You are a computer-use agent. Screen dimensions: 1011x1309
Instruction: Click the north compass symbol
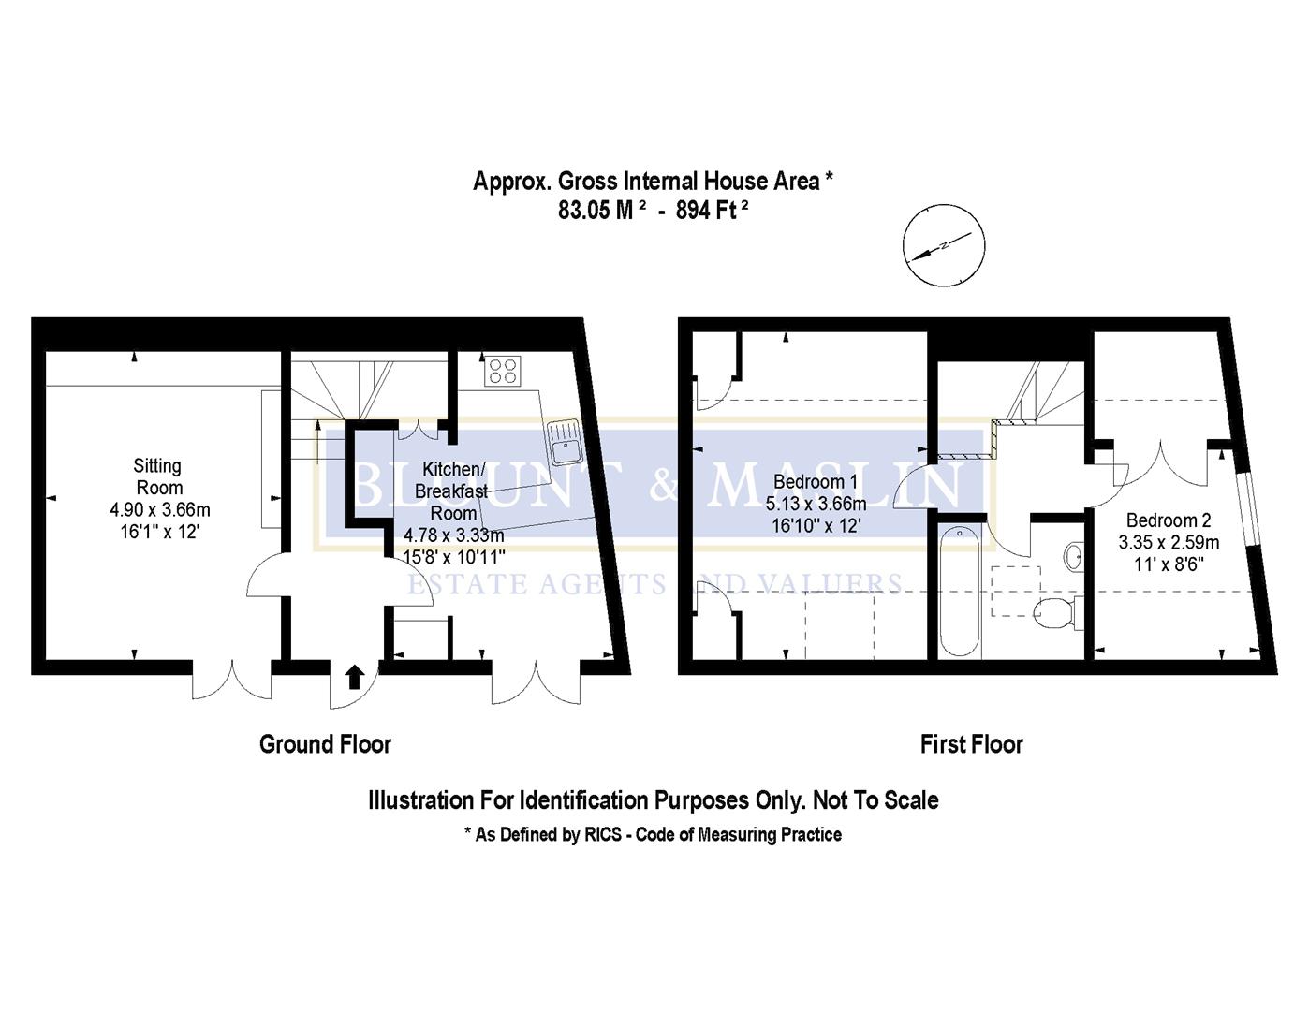coord(943,245)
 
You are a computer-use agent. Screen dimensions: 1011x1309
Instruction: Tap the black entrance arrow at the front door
coord(354,677)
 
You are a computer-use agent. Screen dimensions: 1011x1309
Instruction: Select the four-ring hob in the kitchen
coord(501,371)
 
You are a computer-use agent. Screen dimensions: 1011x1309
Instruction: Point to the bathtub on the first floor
coord(960,592)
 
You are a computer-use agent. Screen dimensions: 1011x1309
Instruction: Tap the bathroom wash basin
coord(1073,557)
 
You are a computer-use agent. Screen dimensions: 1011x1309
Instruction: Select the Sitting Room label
coord(158,476)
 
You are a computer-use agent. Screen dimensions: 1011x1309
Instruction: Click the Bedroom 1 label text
coord(815,482)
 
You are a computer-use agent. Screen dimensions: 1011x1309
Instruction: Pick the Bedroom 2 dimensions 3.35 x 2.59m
coord(1169,542)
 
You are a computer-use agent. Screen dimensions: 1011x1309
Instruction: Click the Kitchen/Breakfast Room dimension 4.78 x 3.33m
coord(453,535)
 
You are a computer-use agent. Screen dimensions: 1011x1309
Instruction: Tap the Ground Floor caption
coord(325,744)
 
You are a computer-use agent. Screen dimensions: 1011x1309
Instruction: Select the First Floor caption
coord(971,744)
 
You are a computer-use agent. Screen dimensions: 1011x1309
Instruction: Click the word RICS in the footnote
coord(603,834)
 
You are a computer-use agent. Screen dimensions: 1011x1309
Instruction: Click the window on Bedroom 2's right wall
coord(1249,510)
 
